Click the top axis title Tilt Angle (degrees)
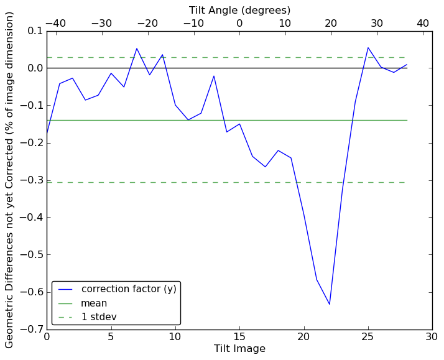(x=239, y=10)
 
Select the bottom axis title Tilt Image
(x=239, y=349)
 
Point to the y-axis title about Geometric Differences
(x=10, y=180)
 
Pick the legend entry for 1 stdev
(x=99, y=317)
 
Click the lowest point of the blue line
(x=330, y=304)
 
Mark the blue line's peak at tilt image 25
(x=368, y=47)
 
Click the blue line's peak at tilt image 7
(x=137, y=48)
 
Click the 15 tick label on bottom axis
(x=239, y=337)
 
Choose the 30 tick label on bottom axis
(x=432, y=337)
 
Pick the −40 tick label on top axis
(x=55, y=23)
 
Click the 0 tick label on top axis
(x=239, y=23)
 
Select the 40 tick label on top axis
(x=423, y=23)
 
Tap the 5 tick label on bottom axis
(x=111, y=337)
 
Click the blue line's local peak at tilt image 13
(x=214, y=76)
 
